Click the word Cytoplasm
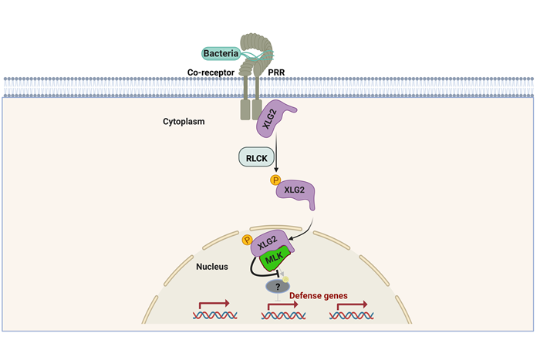(184, 122)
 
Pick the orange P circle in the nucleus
(247, 240)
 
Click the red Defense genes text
(317, 294)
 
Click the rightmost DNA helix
(351, 315)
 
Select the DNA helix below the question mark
(282, 315)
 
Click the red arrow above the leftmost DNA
(214, 303)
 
